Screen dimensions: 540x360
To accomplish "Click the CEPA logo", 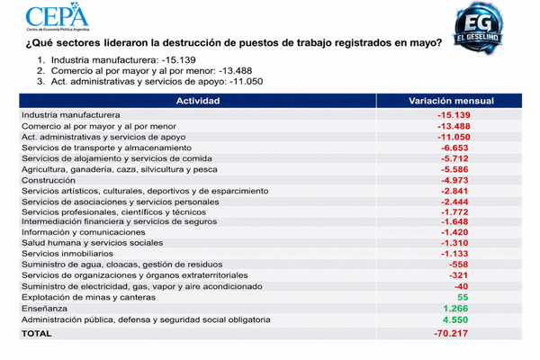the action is tap(58, 17).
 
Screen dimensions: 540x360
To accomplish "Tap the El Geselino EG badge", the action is tap(478, 28).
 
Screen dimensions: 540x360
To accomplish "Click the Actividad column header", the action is tap(198, 101).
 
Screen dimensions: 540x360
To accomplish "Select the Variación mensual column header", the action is tap(451, 101).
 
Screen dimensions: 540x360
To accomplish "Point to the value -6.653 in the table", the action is tap(454, 148).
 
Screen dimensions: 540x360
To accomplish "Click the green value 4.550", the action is tap(455, 319).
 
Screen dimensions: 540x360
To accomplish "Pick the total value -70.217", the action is tap(451, 334).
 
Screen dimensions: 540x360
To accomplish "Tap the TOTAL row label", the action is tap(37, 334).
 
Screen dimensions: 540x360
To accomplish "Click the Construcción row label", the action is tap(49, 180).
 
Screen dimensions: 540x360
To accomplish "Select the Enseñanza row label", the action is tap(44, 309).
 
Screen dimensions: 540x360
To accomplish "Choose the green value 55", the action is tap(463, 297).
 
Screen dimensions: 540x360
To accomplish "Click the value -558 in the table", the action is tap(458, 265).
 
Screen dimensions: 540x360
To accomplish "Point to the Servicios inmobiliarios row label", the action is tap(67, 254).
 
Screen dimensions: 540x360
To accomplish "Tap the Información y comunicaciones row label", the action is tap(84, 232).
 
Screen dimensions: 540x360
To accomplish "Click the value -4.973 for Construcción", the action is tap(454, 180).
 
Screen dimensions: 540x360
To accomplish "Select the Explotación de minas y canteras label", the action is tap(88, 297).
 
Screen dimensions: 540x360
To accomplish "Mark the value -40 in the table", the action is tap(461, 286).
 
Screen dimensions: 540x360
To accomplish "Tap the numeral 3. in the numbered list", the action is tap(41, 82).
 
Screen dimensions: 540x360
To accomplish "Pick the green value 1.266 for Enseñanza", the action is tap(455, 309).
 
